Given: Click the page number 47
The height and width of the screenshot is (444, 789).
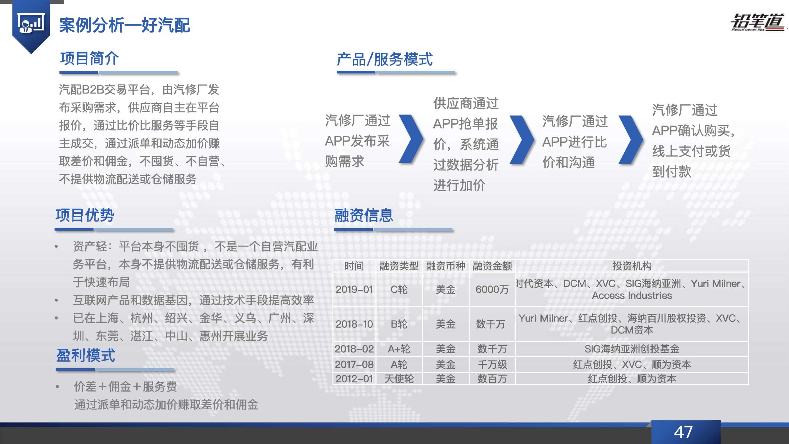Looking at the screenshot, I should tap(683, 432).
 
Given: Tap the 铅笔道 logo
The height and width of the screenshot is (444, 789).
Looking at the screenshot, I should tap(756, 22).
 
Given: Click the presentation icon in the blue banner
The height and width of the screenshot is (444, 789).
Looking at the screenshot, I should tap(31, 23).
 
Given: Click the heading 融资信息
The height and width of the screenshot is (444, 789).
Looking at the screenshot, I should tap(364, 215).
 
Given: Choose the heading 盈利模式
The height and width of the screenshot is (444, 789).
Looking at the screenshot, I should tap(86, 355).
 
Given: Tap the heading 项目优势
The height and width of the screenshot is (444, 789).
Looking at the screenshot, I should tap(85, 215).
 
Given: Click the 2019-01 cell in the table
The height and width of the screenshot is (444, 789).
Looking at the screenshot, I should tap(354, 289).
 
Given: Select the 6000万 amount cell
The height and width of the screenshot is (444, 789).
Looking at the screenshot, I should tap(492, 289).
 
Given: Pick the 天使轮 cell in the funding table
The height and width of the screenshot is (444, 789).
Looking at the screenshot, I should tap(399, 379).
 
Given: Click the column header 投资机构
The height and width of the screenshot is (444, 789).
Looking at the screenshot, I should tap(632, 266).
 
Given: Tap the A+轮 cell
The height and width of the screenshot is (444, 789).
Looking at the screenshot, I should tap(399, 349).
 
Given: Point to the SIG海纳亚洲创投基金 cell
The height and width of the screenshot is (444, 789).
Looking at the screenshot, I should tap(632, 349).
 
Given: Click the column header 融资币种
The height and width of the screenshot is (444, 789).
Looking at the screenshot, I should tap(445, 266).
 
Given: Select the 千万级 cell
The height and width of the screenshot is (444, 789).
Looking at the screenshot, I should tap(492, 365).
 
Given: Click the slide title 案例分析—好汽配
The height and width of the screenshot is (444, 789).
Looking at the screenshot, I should tap(125, 25).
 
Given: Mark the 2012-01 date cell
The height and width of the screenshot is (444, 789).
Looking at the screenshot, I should tap(354, 379).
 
